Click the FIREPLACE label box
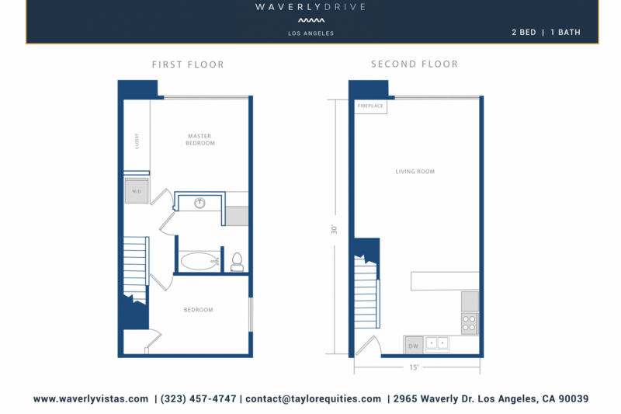(370, 106)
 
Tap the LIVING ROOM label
(415, 172)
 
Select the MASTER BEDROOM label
(199, 140)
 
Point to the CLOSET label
(137, 141)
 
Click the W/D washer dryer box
(136, 191)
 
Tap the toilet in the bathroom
(238, 262)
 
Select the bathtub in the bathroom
(200, 261)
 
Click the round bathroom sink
(199, 204)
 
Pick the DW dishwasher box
(413, 346)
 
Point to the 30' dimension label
(335, 230)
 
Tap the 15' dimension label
(415, 367)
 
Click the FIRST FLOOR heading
(188, 64)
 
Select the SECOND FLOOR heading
(415, 64)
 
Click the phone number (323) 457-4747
(198, 398)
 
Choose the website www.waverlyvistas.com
(91, 398)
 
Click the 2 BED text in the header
(523, 33)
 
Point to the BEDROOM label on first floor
(198, 310)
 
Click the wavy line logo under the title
(310, 21)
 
